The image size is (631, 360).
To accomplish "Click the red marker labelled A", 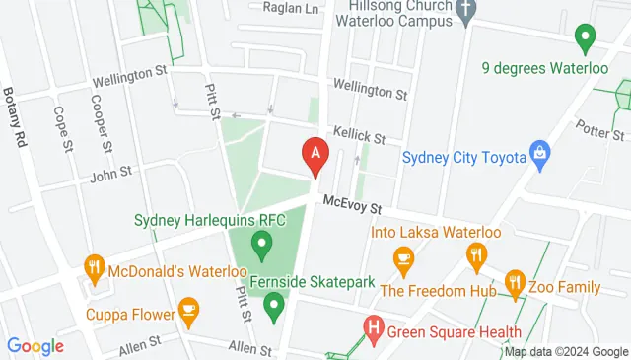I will coord(315,155).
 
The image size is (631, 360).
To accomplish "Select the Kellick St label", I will coord(359,141).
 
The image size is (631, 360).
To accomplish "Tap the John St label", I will coord(110,174).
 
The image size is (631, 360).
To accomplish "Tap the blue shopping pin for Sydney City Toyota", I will coord(538,153).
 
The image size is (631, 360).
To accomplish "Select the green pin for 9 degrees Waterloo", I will coord(584,38).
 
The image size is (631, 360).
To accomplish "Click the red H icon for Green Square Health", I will coord(374,325).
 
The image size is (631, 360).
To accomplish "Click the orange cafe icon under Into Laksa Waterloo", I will coord(403,257).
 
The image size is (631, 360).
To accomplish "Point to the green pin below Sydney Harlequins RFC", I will coord(262,241).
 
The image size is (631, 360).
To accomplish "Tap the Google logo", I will coord(35,346).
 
